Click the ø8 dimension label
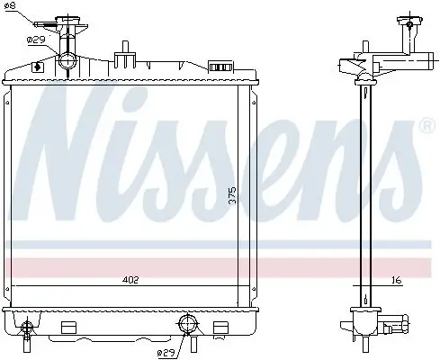click(x=12, y=8)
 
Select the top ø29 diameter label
click(x=36, y=40)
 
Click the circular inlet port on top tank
click(x=69, y=61)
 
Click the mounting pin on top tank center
click(x=124, y=48)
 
